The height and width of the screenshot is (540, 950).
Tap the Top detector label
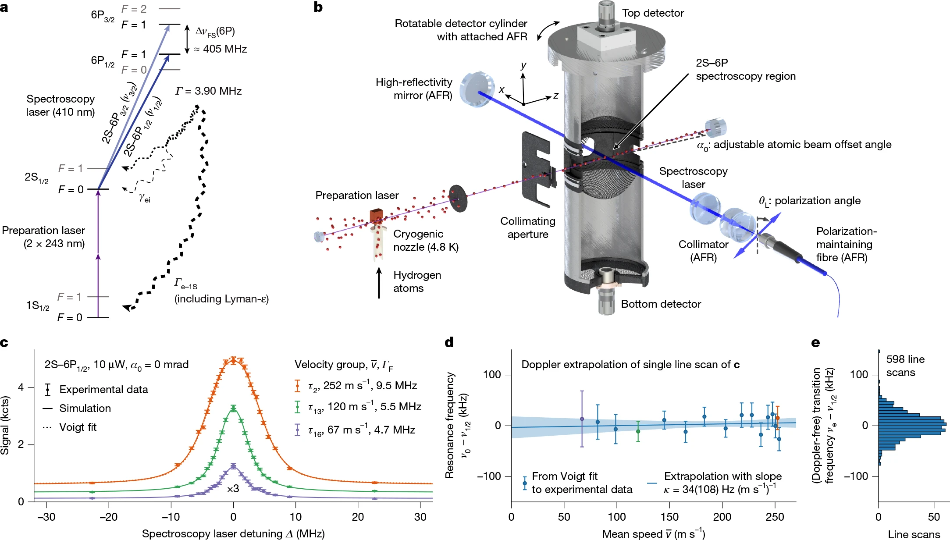click(x=652, y=13)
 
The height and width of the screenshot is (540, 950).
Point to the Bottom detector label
click(x=661, y=304)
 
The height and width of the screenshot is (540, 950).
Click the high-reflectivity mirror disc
click(x=476, y=89)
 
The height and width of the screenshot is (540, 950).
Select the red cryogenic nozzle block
click(x=377, y=216)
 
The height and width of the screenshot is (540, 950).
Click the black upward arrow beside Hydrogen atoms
click(x=379, y=283)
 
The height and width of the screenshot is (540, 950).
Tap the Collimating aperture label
click(x=528, y=228)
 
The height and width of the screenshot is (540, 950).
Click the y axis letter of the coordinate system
click(x=523, y=65)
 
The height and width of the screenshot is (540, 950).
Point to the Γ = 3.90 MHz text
click(x=208, y=91)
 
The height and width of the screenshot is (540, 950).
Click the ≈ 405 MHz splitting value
click(x=221, y=49)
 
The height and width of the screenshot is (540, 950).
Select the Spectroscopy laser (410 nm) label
click(x=60, y=106)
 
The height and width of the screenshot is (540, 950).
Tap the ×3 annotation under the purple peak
click(x=233, y=488)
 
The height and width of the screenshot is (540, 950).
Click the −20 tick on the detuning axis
click(x=108, y=517)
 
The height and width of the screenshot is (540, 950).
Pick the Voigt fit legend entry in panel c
click(x=78, y=427)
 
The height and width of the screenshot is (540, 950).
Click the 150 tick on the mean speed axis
click(x=669, y=517)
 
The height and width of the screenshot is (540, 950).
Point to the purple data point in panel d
click(x=582, y=419)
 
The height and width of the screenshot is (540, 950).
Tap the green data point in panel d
click(x=638, y=432)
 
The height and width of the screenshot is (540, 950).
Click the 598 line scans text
click(x=905, y=366)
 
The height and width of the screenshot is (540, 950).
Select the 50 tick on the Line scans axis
click(x=934, y=517)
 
